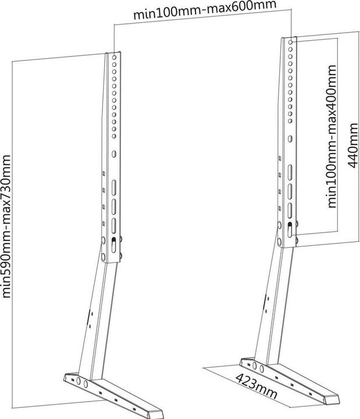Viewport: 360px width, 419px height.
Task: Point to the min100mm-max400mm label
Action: pos(332,137)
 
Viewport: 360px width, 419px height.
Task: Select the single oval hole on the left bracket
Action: pos(115,155)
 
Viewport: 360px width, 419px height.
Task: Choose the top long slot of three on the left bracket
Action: pos(114,187)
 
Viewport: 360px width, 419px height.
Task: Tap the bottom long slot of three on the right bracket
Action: pos(289,208)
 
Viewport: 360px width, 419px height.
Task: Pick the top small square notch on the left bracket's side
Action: pos(104,173)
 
